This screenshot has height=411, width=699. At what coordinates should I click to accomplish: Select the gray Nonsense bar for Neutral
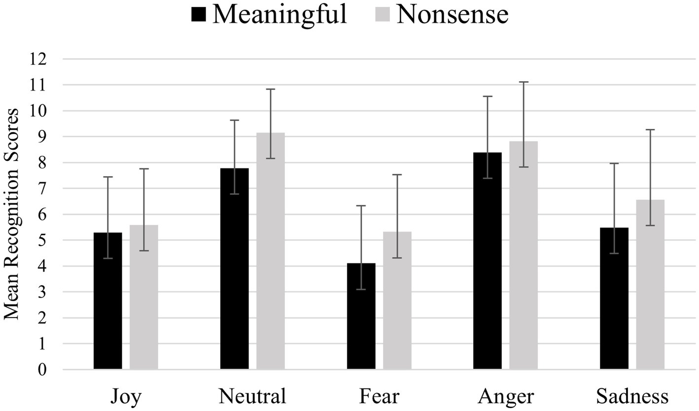click(270, 251)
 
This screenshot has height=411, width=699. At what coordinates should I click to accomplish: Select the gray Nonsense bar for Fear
click(397, 300)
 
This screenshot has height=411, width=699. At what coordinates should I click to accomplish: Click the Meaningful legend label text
click(280, 14)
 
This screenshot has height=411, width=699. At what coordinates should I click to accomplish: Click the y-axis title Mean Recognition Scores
click(12, 214)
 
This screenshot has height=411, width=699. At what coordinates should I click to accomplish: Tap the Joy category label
click(126, 396)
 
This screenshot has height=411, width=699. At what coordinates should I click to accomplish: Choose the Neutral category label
click(252, 396)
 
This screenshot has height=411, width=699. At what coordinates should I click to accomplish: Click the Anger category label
click(505, 396)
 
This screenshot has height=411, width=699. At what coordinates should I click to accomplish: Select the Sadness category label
click(632, 396)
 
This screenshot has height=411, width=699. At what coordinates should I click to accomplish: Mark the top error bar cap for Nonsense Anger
click(524, 82)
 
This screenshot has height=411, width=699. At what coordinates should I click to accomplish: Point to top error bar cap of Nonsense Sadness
click(650, 129)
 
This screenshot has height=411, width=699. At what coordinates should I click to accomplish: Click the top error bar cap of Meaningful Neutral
click(234, 120)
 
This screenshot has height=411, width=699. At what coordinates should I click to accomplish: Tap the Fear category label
click(379, 396)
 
